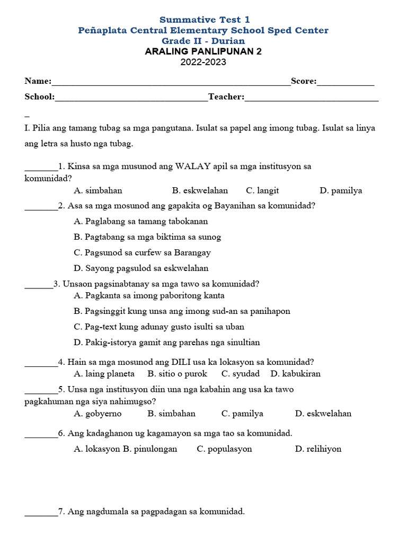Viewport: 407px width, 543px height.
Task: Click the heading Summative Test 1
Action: pyautogui.click(x=204, y=20)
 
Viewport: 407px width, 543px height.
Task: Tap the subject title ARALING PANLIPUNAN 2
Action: pyautogui.click(x=203, y=51)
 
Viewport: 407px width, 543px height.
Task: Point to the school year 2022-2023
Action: pyautogui.click(x=203, y=62)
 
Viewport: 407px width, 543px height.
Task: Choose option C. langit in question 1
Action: pyautogui.click(x=262, y=190)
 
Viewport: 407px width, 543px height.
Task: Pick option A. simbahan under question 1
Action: pyautogui.click(x=99, y=190)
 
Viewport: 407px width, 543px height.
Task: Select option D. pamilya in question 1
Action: pyautogui.click(x=341, y=190)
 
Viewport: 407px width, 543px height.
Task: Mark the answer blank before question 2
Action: pyautogui.click(x=41, y=207)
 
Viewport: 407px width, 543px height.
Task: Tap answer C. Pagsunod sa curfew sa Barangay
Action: pyautogui.click(x=143, y=252)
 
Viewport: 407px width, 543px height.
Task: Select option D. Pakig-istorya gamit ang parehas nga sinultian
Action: pyautogui.click(x=167, y=342)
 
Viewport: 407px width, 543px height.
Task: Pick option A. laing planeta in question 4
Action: pyautogui.click(x=104, y=374)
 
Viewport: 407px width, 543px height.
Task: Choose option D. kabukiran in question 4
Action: pyautogui.click(x=295, y=374)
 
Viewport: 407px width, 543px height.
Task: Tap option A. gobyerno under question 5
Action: pyautogui.click(x=98, y=414)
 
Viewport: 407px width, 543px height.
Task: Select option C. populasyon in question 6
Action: pyautogui.click(x=224, y=449)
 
